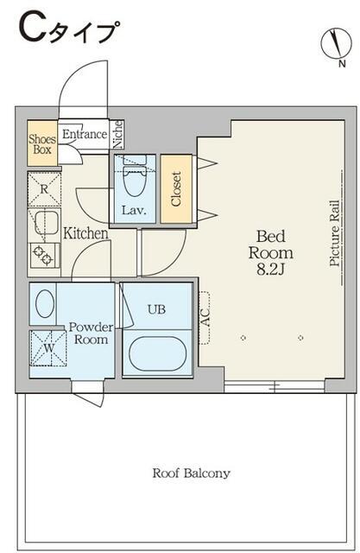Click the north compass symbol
pos(336,43)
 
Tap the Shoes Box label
pos(42,144)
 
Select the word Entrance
pos(85,134)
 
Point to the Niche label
pos(118,135)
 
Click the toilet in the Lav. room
pos(135,176)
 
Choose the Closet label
pos(176,188)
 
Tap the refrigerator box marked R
pos(44,189)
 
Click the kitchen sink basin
pos(46,223)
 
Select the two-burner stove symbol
pos(44,255)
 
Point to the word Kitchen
pos(85,233)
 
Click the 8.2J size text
pos(270,270)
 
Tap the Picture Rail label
pos(335,233)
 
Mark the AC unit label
pos(205,318)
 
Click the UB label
pos(156,309)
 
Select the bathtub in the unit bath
pos(157,353)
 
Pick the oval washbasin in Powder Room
pos(45,303)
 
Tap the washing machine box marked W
pos(48,348)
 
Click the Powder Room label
pos(91,334)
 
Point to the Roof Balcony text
pos(192,473)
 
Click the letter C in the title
pos(33,29)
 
